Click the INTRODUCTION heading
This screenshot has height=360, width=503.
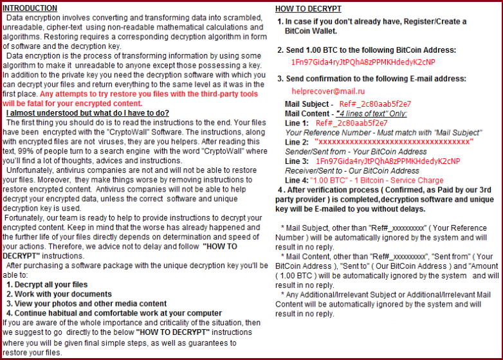pos(30,8)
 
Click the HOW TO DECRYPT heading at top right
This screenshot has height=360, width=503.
pos(308,9)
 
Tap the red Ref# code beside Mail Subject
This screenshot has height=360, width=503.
pos(375,104)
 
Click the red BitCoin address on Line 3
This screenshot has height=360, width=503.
pos(387,161)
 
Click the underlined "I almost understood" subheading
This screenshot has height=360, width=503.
pos(87,113)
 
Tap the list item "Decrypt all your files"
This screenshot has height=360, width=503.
pos(51,284)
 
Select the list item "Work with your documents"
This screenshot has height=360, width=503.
pos(57,294)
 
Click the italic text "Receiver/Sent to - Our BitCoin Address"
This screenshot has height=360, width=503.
pos(352,170)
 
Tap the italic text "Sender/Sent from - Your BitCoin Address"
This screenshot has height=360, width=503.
pos(356,151)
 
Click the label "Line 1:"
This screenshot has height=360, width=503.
pos(297,123)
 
